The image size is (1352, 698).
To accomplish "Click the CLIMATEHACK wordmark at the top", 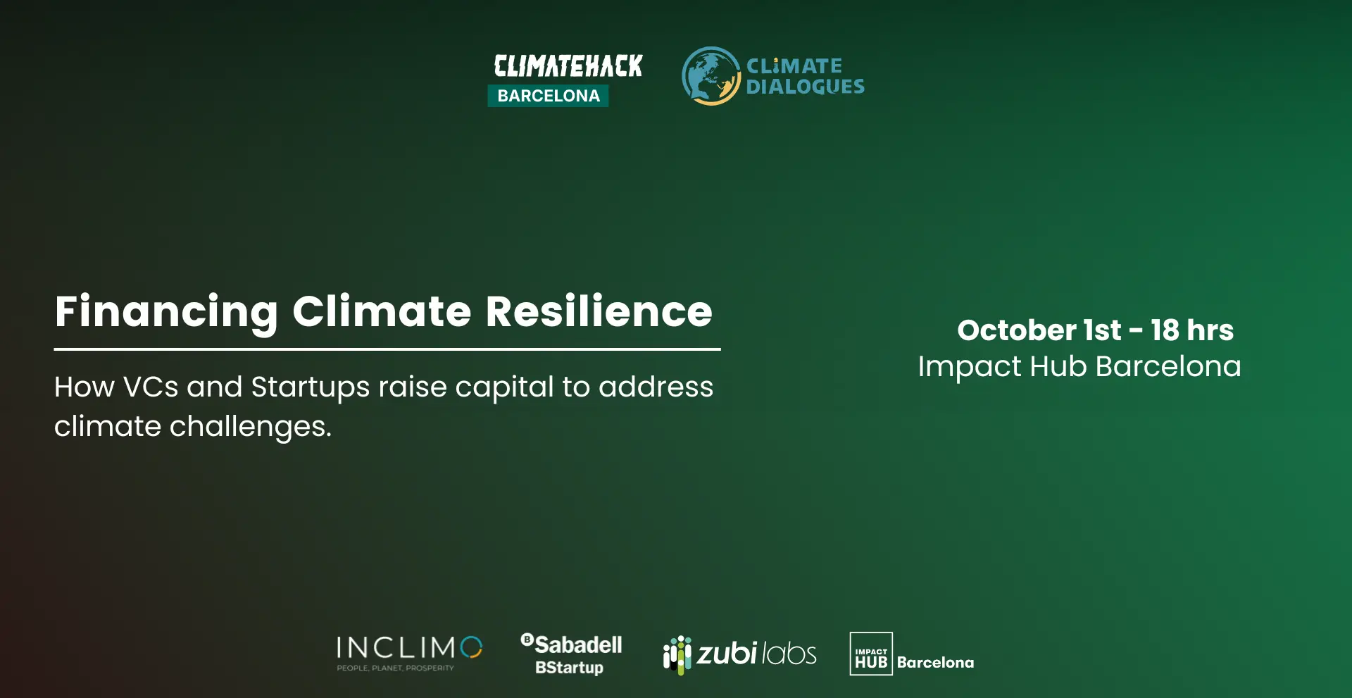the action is coord(568,66).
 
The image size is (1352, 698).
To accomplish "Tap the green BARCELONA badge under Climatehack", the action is coord(548,96).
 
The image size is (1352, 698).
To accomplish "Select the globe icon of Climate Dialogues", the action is coord(711,76).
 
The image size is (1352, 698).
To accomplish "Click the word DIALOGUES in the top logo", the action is coord(805,87).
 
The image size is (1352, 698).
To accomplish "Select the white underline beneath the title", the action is coord(387,349).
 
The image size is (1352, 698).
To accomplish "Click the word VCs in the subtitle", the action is coord(151,387).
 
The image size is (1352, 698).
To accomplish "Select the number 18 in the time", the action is coord(1165,330).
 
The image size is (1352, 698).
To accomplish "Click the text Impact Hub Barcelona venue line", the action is coord(1079,367).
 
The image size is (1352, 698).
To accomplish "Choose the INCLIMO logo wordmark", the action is coord(409,647).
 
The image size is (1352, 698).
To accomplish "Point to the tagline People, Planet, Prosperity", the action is coord(395,668).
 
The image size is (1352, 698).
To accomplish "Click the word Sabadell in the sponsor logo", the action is coord(578,644).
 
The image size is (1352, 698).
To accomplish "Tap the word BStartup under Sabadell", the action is coord(569,668).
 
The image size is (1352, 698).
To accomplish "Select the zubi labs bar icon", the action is coord(677,654).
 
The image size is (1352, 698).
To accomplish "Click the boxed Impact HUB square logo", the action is coord(871,654).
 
